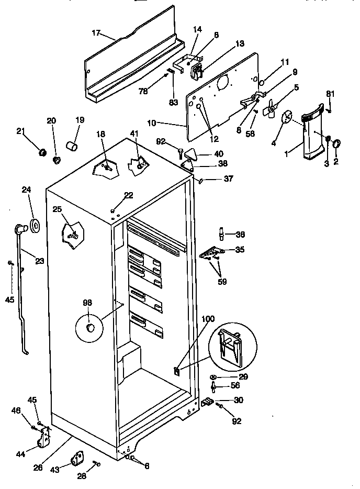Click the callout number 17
(96, 32)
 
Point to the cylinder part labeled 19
(72, 145)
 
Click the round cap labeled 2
(336, 143)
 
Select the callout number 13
(239, 44)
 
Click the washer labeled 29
(215, 377)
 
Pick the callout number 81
(330, 94)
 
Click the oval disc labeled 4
(287, 118)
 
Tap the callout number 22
(129, 195)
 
